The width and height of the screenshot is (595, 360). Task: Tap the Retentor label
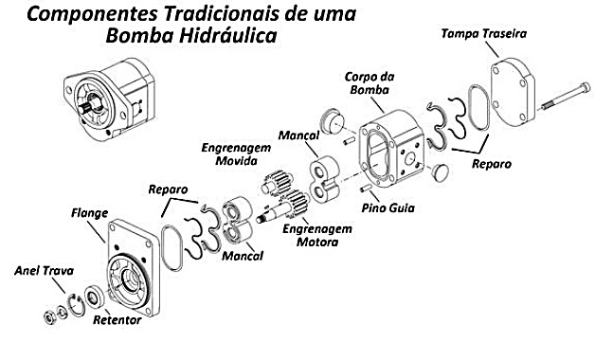(x=117, y=320)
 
